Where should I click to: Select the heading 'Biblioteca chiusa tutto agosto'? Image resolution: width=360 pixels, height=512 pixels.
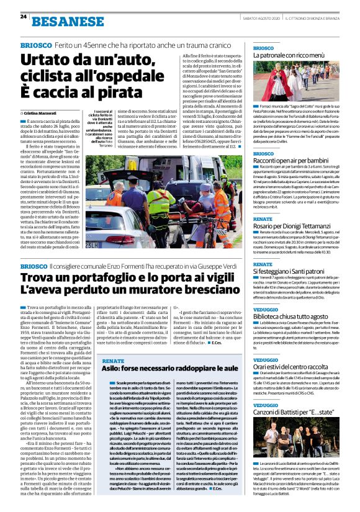[291, 316]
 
